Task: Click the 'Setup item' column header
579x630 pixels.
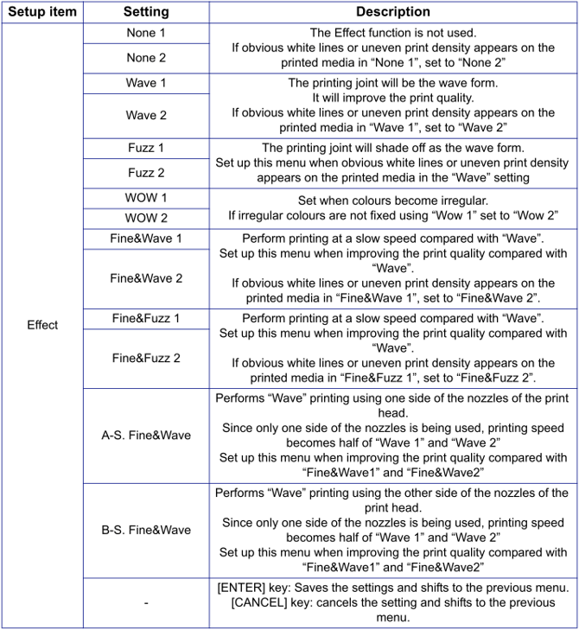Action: pyautogui.click(x=42, y=12)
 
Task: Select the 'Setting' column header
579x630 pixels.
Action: pyautogui.click(x=146, y=12)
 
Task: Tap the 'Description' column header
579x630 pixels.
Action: pyautogui.click(x=393, y=12)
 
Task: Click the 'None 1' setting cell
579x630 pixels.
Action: pyautogui.click(x=146, y=33)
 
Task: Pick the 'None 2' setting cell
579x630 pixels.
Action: pyautogui.click(x=146, y=58)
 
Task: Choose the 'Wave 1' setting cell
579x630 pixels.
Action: pyautogui.click(x=146, y=83)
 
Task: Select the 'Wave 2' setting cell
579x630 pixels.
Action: pyautogui.click(x=146, y=115)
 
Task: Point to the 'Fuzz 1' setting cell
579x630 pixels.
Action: pyautogui.click(x=146, y=148)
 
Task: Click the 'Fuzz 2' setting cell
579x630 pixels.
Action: pyautogui.click(x=146, y=173)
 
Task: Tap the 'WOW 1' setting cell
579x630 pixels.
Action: pyautogui.click(x=146, y=198)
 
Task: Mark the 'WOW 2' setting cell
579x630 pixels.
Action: pyautogui.click(x=146, y=219)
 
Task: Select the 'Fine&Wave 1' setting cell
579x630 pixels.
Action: pyautogui.click(x=146, y=239)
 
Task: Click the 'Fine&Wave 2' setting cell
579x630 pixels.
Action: pyautogui.click(x=146, y=278)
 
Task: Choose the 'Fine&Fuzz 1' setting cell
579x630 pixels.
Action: pyautogui.click(x=146, y=318)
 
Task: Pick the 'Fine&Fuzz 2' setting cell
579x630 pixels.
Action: pyautogui.click(x=146, y=358)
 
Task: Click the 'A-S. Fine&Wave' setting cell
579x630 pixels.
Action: pyautogui.click(x=146, y=436)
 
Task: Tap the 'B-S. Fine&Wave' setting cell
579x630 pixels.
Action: pyautogui.click(x=146, y=530)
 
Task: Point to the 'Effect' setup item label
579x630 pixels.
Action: pyautogui.click(x=42, y=325)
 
